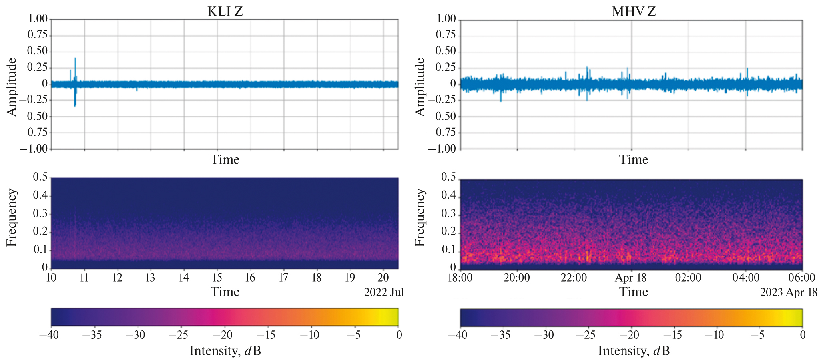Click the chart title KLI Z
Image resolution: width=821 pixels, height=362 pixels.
coord(225,11)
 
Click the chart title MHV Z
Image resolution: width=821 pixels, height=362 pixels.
coord(634,11)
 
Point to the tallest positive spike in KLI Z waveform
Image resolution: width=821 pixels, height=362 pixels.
coord(75,59)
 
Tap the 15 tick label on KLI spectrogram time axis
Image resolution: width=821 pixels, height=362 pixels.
coord(217,277)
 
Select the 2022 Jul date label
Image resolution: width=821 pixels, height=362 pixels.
coord(384,292)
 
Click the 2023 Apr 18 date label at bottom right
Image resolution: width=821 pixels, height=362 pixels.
coord(788,292)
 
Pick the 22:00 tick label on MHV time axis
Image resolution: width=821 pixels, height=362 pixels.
coord(574,278)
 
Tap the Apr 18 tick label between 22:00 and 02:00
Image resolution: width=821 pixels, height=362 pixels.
coord(630,278)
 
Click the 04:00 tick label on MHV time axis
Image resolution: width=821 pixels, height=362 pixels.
coord(745,278)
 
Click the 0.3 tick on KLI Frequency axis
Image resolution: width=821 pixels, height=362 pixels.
coord(40,214)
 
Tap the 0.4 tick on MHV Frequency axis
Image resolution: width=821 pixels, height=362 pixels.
coord(448,195)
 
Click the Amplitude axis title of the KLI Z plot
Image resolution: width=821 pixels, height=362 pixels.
coord(12,87)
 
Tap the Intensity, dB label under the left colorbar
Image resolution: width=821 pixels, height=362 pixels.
coord(225,351)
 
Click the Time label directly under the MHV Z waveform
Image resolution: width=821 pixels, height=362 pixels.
coord(634,160)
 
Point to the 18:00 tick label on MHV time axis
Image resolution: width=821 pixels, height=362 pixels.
coord(460,278)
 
